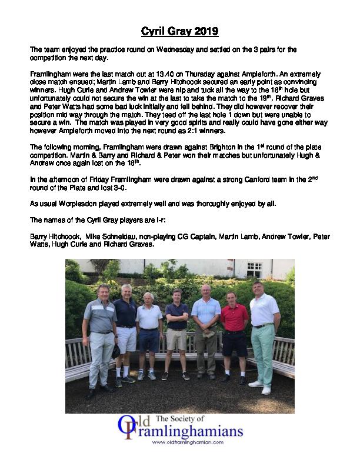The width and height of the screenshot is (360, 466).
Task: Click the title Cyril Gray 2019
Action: pyautogui.click(x=180, y=30)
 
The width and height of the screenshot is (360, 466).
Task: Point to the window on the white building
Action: pyautogui.click(x=254, y=269)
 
